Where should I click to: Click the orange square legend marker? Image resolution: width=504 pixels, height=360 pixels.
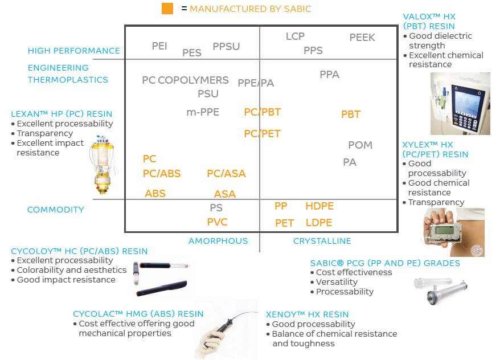coord(167,9)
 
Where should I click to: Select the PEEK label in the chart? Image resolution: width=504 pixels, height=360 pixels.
coord(362,38)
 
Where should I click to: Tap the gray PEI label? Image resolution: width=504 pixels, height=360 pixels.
coord(159,46)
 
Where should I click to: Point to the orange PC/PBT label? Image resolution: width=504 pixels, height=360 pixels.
coord(262,112)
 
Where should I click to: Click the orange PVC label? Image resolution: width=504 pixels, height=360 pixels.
coord(218,222)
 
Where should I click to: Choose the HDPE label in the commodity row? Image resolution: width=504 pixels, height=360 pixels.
coord(319,206)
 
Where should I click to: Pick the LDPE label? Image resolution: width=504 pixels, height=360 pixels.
coord(319,223)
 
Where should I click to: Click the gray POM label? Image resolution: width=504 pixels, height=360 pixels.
coord(360,145)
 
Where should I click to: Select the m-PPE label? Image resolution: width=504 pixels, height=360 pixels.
coord(203,112)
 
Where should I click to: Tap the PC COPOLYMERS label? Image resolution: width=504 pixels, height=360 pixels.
coord(185,80)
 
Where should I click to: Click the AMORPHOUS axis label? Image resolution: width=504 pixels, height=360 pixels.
coord(218,241)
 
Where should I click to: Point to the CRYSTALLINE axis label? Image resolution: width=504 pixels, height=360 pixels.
coord(322,241)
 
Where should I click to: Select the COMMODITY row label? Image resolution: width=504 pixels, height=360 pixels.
coord(56,210)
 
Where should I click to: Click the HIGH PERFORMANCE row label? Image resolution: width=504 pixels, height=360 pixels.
coord(74,51)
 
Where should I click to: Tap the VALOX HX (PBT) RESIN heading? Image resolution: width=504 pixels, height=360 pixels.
coord(429,21)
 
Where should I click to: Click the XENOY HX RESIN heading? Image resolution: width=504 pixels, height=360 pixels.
coord(307,314)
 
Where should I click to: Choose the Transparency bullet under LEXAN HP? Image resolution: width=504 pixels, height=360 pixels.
coord(45,133)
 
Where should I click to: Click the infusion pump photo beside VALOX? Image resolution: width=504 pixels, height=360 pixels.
coord(460,103)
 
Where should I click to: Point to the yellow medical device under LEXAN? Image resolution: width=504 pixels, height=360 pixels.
coord(104,165)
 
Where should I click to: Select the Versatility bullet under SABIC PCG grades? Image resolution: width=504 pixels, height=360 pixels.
coord(337,282)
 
